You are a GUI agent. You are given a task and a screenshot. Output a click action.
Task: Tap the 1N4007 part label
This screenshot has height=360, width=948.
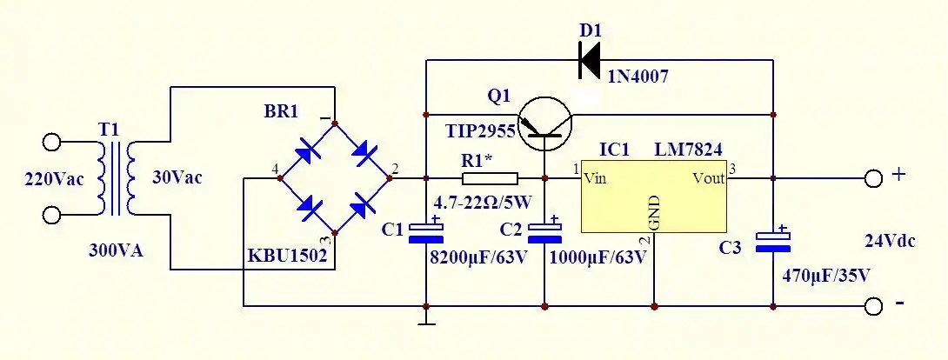pyautogui.click(x=637, y=77)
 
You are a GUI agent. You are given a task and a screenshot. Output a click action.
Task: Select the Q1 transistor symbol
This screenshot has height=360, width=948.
pyautogui.click(x=544, y=123)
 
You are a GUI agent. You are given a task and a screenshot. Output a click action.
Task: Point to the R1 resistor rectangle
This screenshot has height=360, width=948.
pyautogui.click(x=490, y=179)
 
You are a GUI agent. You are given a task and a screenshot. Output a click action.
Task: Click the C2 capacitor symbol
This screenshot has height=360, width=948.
pyautogui.click(x=544, y=232)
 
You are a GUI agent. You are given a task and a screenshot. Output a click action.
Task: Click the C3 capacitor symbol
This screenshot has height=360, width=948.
pyautogui.click(x=773, y=241)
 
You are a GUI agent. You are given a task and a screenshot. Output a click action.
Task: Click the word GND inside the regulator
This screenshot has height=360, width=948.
pyautogui.click(x=654, y=211)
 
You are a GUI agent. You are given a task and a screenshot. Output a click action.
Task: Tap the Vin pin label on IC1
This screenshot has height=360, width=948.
pyautogui.click(x=595, y=179)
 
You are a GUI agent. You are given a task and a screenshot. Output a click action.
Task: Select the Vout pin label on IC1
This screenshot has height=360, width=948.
pyautogui.click(x=709, y=179)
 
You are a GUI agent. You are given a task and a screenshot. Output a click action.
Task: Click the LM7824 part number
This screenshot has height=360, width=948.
pyautogui.click(x=688, y=150)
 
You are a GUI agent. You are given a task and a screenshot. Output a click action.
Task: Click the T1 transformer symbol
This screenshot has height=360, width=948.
pyautogui.click(x=117, y=178)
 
